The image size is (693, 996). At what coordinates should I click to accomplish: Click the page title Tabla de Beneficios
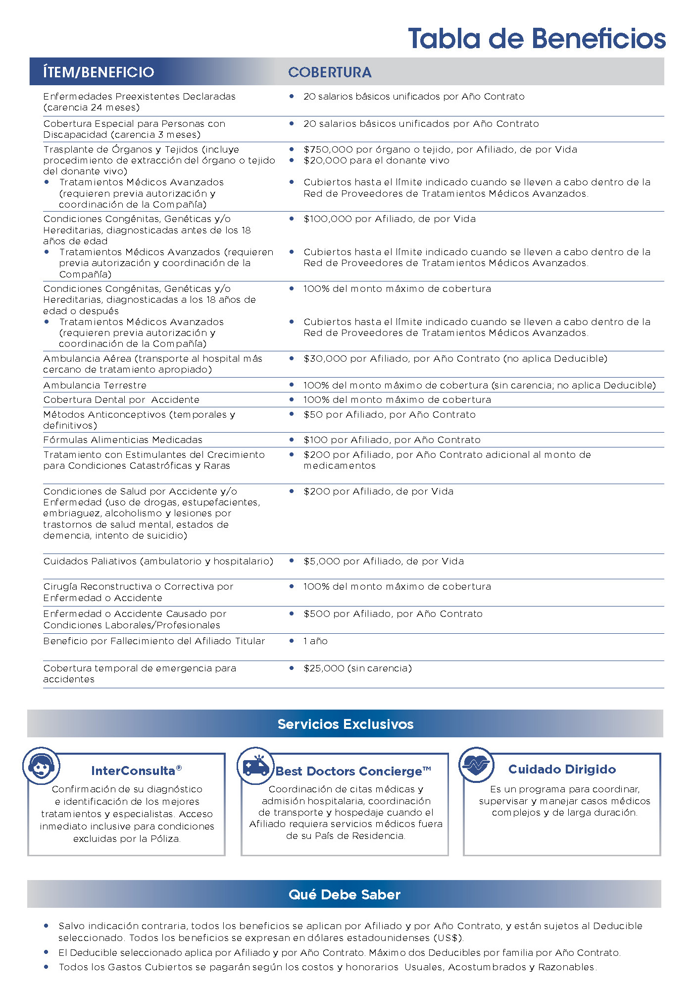click(537, 39)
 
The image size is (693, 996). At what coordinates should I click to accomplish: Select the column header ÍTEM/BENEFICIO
click(99, 72)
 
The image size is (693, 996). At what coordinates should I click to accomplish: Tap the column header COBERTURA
click(330, 72)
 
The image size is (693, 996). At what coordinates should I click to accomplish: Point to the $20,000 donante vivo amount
click(324, 161)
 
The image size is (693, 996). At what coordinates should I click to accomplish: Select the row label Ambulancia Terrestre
click(95, 386)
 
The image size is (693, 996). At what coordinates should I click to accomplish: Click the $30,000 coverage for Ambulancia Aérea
click(325, 359)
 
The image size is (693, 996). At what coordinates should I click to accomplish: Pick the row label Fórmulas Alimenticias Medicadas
click(123, 440)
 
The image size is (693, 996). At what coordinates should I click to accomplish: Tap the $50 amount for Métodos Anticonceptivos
click(313, 415)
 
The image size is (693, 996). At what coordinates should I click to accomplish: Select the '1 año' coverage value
click(315, 641)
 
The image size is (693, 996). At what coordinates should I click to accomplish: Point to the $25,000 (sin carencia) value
click(357, 668)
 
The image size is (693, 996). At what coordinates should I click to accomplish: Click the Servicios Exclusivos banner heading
click(346, 724)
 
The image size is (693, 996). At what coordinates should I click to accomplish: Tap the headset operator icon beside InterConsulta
click(42, 766)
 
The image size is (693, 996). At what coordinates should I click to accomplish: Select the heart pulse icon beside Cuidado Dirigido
click(476, 765)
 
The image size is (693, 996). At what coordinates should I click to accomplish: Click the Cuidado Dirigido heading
click(562, 770)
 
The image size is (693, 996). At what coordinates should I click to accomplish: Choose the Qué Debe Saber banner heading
click(345, 894)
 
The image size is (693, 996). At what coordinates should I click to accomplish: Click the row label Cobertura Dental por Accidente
click(121, 400)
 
